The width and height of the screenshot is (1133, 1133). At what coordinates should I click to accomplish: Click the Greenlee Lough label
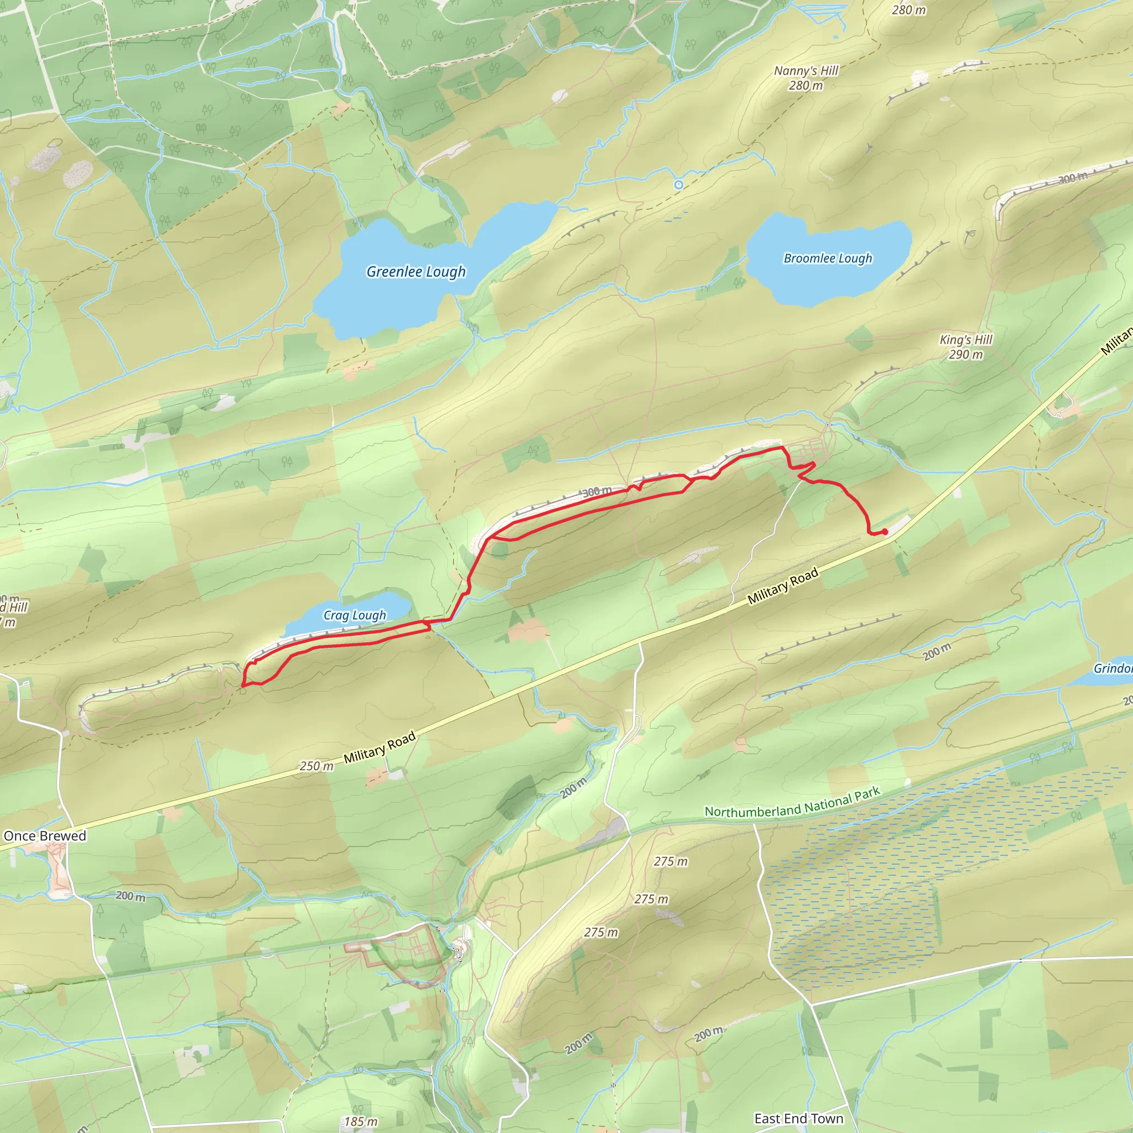[416, 272]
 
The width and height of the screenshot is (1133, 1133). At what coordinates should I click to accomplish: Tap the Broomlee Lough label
[828, 258]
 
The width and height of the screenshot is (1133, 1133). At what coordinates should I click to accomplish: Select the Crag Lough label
[355, 615]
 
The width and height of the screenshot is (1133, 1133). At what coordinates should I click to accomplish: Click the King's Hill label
[966, 340]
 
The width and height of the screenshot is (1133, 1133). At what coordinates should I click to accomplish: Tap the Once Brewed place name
[45, 836]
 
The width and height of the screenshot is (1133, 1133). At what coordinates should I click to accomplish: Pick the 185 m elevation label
[360, 1121]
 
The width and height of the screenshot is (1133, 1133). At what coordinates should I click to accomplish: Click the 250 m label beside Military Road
[316, 766]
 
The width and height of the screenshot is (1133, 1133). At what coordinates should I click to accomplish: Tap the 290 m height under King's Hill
[966, 354]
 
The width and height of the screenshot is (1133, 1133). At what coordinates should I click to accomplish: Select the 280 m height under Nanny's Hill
[805, 86]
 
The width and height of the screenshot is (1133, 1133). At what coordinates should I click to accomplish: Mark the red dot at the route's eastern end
[885, 531]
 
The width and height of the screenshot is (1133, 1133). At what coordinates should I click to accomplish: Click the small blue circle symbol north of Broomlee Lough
[678, 185]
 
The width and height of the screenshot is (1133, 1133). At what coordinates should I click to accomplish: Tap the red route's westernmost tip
[243, 685]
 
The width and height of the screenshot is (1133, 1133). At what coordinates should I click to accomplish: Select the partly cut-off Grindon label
[1113, 668]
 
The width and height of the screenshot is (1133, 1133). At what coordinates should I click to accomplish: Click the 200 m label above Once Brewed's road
[130, 896]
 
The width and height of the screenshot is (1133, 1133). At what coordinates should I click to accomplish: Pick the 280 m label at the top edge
[908, 10]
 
